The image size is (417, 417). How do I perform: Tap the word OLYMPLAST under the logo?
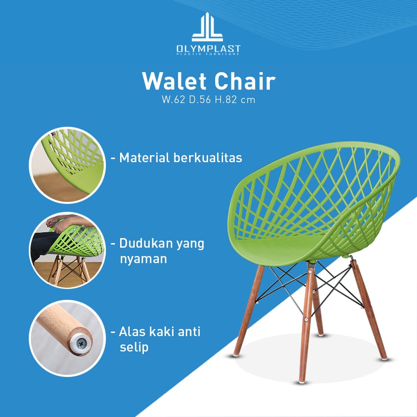point(208,49)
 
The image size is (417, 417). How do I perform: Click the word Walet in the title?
point(174,81)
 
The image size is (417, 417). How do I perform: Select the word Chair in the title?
point(245,81)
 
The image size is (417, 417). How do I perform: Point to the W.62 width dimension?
point(173,100)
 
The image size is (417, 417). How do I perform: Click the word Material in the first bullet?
point(144,158)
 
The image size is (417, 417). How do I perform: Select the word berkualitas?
point(208,158)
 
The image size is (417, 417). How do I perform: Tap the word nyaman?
point(143,259)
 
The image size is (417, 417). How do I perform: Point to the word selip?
point(134,347)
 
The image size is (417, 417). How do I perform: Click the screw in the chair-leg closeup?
point(81,344)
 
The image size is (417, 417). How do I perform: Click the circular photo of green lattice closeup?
point(67,165)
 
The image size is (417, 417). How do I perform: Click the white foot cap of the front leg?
point(302,382)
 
